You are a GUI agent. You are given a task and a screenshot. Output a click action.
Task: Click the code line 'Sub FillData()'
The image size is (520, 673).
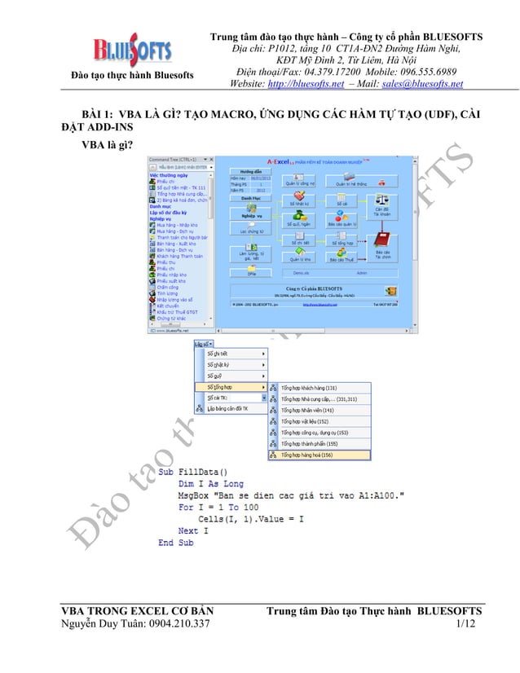tap(193, 472)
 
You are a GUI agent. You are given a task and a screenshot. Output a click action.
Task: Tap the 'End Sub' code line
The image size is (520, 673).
tap(176, 542)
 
